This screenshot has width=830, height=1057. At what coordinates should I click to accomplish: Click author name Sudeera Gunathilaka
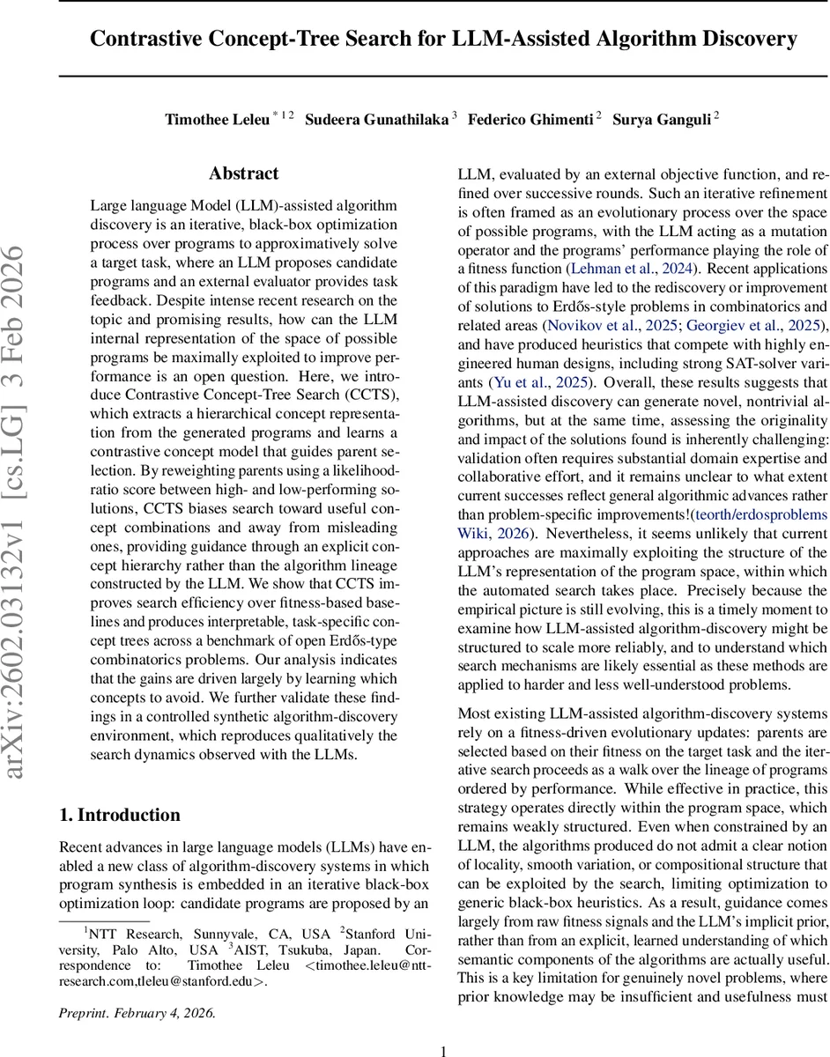click(376, 120)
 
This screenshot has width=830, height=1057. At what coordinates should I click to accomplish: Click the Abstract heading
click(243, 174)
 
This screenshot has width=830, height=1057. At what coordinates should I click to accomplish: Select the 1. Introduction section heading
click(120, 815)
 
